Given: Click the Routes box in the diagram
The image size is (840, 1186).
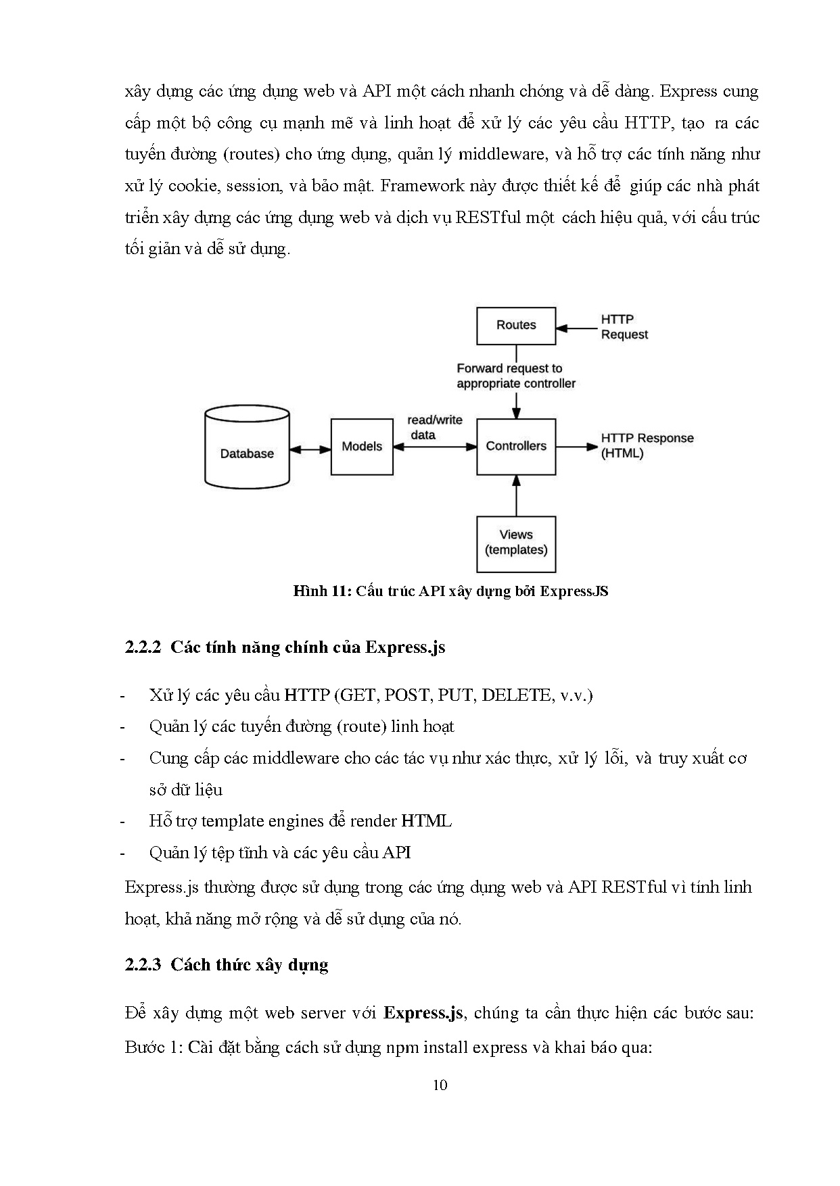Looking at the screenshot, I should [x=516, y=325].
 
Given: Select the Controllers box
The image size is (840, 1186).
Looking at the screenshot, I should [x=516, y=446].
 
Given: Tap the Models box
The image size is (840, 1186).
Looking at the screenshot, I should [x=362, y=446].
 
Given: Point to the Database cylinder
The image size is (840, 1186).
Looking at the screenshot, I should [x=247, y=447].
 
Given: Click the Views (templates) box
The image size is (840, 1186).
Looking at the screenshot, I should [x=516, y=543].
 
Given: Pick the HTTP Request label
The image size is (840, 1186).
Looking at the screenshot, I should [x=624, y=327].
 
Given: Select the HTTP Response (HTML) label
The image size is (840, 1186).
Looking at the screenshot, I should [x=647, y=445].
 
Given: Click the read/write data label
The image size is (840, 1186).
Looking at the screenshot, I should [x=434, y=427].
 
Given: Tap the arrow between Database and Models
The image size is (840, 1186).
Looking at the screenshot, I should [x=310, y=449].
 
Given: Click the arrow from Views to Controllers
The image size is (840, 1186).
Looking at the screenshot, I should [x=517, y=495].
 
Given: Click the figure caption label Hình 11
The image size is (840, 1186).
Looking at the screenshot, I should [x=320, y=591].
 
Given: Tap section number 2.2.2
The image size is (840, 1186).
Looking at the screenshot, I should [x=143, y=647].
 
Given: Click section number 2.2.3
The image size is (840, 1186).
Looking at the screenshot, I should [x=143, y=964].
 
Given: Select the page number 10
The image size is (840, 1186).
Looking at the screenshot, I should [x=440, y=1085].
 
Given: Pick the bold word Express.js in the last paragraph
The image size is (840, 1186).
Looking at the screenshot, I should [x=423, y=1013].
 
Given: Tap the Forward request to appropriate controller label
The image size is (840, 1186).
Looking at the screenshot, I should [x=515, y=376].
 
